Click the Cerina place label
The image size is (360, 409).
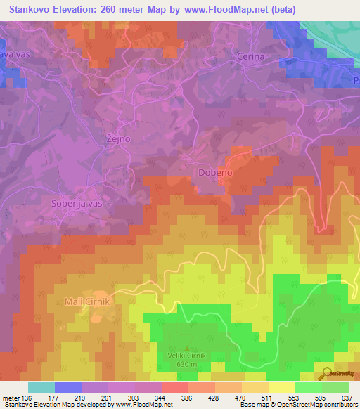250,56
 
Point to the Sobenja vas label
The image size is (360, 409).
77,203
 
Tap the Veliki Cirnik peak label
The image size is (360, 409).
186,356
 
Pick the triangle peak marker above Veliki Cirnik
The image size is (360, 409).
186,348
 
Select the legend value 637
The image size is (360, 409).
346,397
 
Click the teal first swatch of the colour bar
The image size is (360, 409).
41,387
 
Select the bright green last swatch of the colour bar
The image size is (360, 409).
335,387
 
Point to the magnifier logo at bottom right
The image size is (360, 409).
326,374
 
